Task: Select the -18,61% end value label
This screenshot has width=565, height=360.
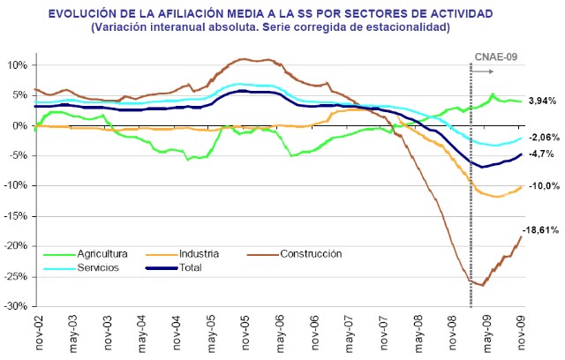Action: click(x=541, y=229)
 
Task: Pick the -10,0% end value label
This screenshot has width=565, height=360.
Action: click(x=543, y=186)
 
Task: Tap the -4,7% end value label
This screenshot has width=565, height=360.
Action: click(x=541, y=154)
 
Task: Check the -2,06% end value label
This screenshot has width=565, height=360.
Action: click(x=543, y=138)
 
